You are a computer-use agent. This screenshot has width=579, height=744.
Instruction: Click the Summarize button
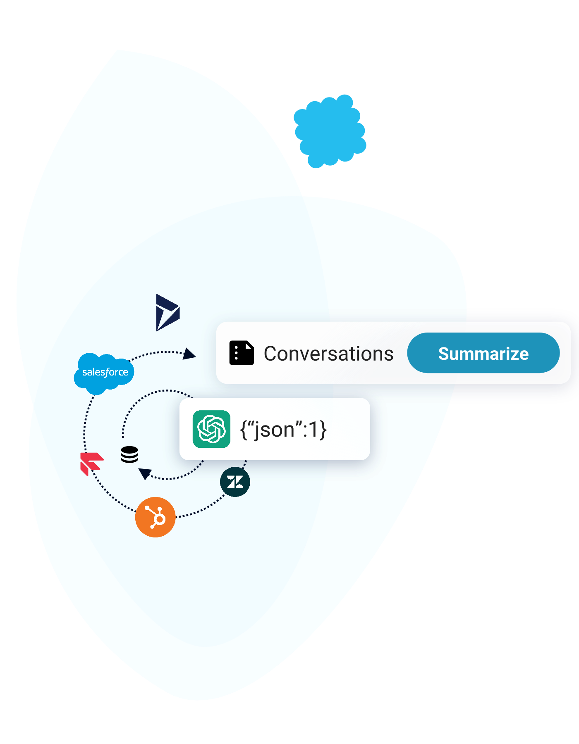click(483, 353)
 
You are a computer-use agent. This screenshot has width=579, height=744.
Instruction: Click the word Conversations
click(328, 354)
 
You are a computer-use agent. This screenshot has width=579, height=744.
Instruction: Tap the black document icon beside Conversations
click(242, 353)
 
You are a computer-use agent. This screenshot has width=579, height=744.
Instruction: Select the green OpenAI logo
click(211, 429)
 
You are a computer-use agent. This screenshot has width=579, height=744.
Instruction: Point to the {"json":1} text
click(283, 430)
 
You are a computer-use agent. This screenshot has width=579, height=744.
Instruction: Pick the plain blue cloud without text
click(330, 131)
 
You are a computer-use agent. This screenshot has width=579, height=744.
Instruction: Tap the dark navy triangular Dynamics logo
click(167, 312)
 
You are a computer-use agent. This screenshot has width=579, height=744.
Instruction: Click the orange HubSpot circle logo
click(156, 517)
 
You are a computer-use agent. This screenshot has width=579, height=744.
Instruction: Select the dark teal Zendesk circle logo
click(235, 482)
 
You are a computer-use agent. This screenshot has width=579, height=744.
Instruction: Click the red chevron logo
click(91, 463)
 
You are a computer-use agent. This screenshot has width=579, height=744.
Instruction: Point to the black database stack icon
click(129, 454)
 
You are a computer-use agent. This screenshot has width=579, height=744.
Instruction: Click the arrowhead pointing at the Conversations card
click(189, 354)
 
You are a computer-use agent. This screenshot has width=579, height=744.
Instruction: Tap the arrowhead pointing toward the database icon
click(145, 473)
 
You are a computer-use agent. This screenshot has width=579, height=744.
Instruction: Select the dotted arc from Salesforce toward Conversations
click(157, 353)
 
